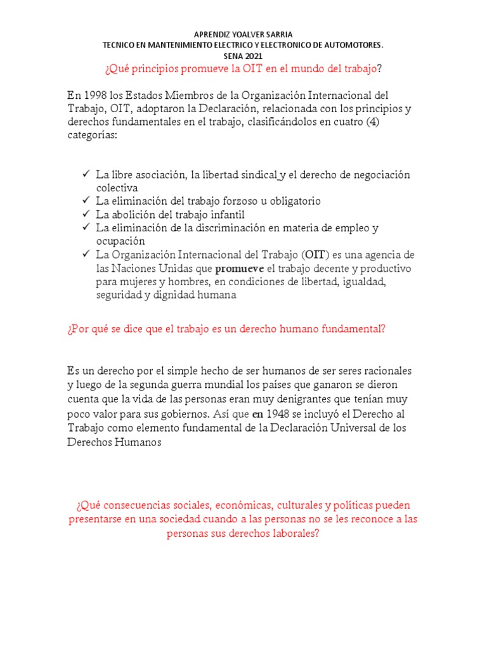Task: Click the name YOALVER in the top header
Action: (x=253, y=34)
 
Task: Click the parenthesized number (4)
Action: (x=402, y=122)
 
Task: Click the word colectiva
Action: (x=117, y=188)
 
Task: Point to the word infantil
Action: (x=226, y=214)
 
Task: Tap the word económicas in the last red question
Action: (x=250, y=505)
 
